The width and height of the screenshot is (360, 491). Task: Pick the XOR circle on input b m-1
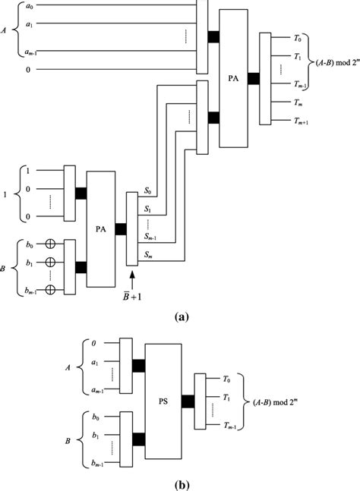tap(52, 289)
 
